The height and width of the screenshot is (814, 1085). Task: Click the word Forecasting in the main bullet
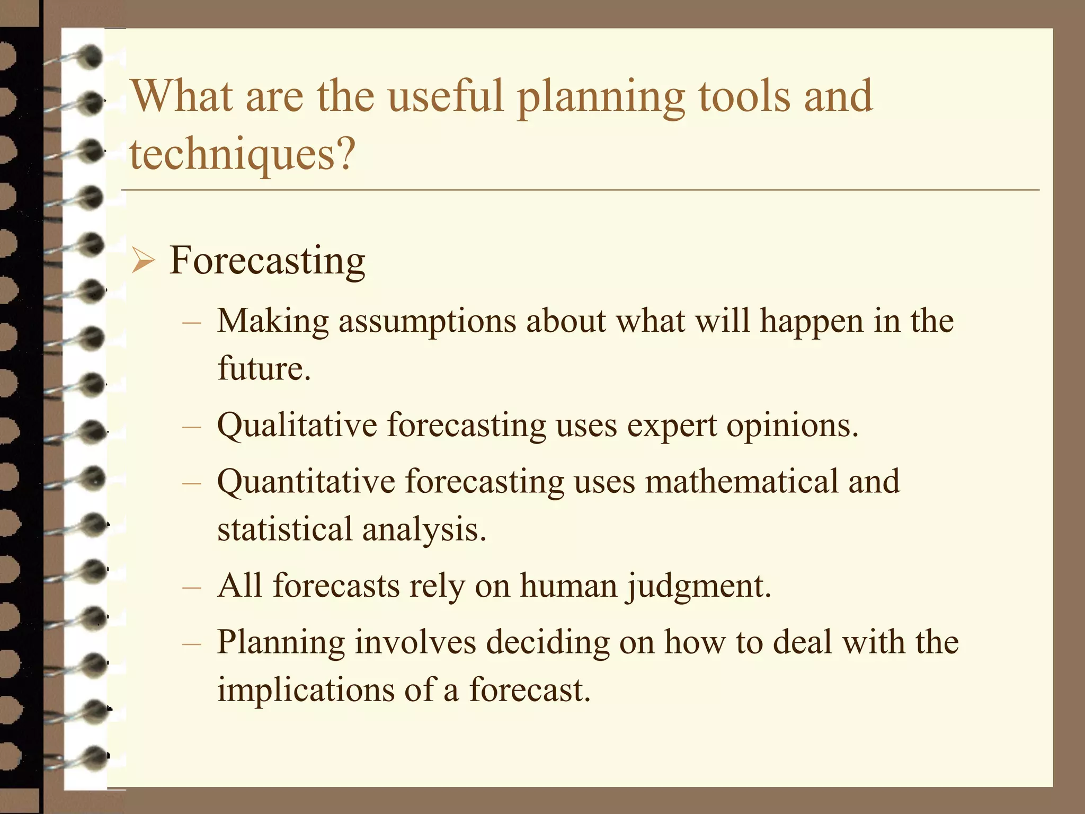[267, 261]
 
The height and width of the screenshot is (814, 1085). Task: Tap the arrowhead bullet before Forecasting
[143, 261]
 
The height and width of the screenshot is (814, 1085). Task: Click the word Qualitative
[297, 426]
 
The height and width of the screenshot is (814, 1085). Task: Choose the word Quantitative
[306, 482]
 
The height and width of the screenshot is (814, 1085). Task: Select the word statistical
[285, 529]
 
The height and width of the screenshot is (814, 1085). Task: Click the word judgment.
[699, 587]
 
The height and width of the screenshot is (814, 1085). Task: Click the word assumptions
[427, 322]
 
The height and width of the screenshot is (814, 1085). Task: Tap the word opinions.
[791, 426]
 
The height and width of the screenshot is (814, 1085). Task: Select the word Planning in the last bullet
[281, 643]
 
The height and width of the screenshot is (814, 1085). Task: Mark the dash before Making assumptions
[191, 322]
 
